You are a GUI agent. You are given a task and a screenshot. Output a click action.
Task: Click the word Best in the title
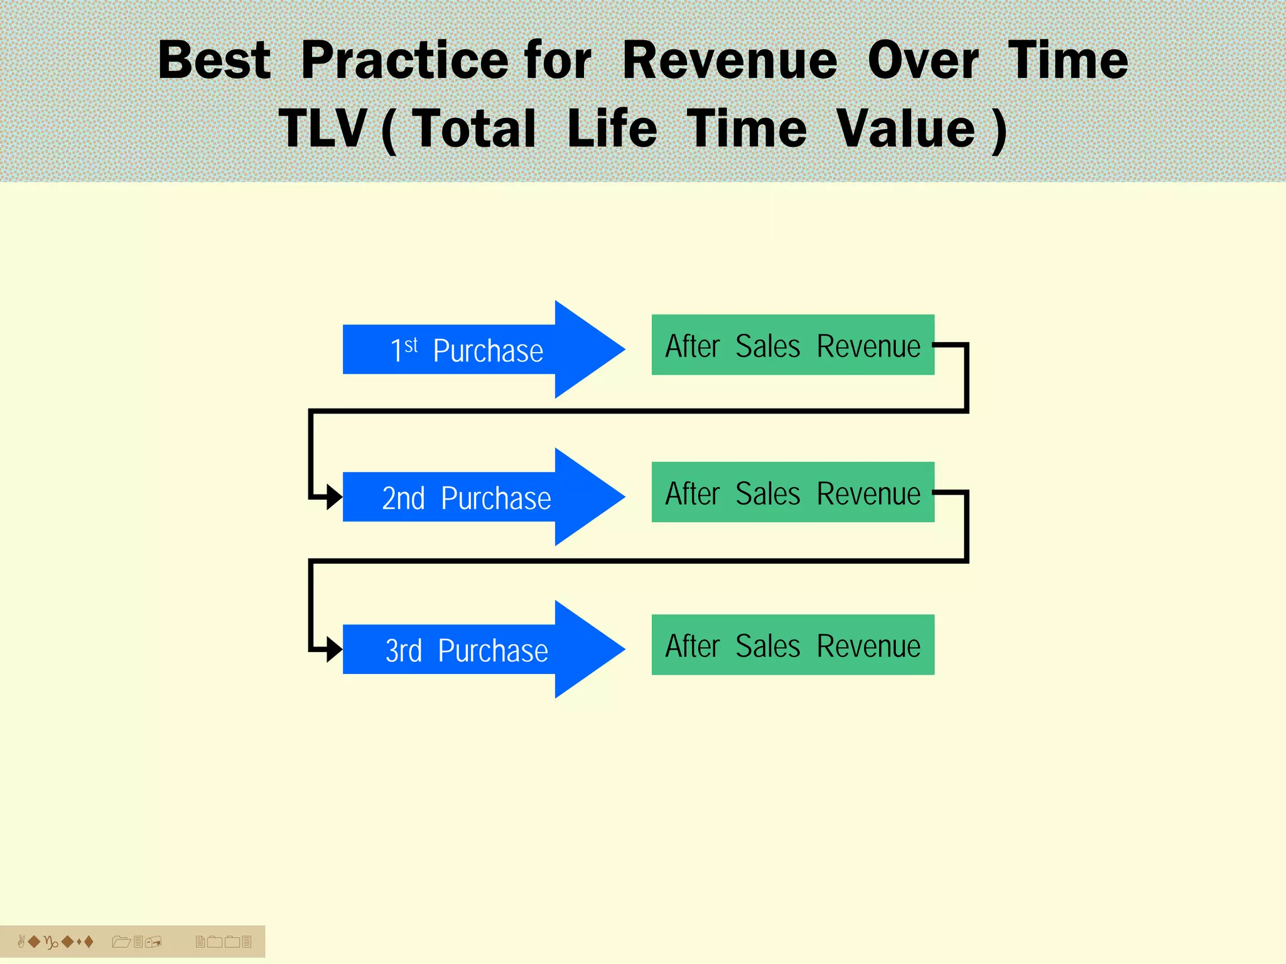(214, 60)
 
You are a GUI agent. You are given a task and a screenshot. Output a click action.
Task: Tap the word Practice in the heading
(405, 60)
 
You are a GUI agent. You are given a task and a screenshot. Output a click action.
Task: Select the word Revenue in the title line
(730, 60)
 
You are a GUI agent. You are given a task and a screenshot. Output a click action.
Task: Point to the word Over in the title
(923, 60)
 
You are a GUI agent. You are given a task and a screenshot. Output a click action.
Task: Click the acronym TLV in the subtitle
(322, 129)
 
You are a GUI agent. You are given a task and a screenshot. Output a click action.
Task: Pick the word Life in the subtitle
(612, 129)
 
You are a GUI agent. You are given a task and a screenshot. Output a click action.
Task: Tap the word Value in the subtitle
(906, 129)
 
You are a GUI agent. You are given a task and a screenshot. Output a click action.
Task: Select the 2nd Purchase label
(467, 498)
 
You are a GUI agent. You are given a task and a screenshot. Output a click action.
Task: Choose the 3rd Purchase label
(467, 650)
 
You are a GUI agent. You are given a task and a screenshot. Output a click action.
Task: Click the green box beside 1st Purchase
(792, 345)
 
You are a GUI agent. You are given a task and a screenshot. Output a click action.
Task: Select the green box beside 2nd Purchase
(792, 493)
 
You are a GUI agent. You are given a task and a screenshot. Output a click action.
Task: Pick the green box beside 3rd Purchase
(792, 645)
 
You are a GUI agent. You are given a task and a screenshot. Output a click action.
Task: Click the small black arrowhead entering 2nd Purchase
(334, 498)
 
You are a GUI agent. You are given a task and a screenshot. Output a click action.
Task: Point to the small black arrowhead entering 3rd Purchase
(334, 650)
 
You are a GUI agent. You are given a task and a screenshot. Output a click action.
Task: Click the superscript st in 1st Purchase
(411, 345)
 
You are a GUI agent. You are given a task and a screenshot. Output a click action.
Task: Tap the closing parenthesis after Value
(999, 131)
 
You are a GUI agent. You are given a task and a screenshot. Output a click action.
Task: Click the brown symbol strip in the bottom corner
(132, 941)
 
